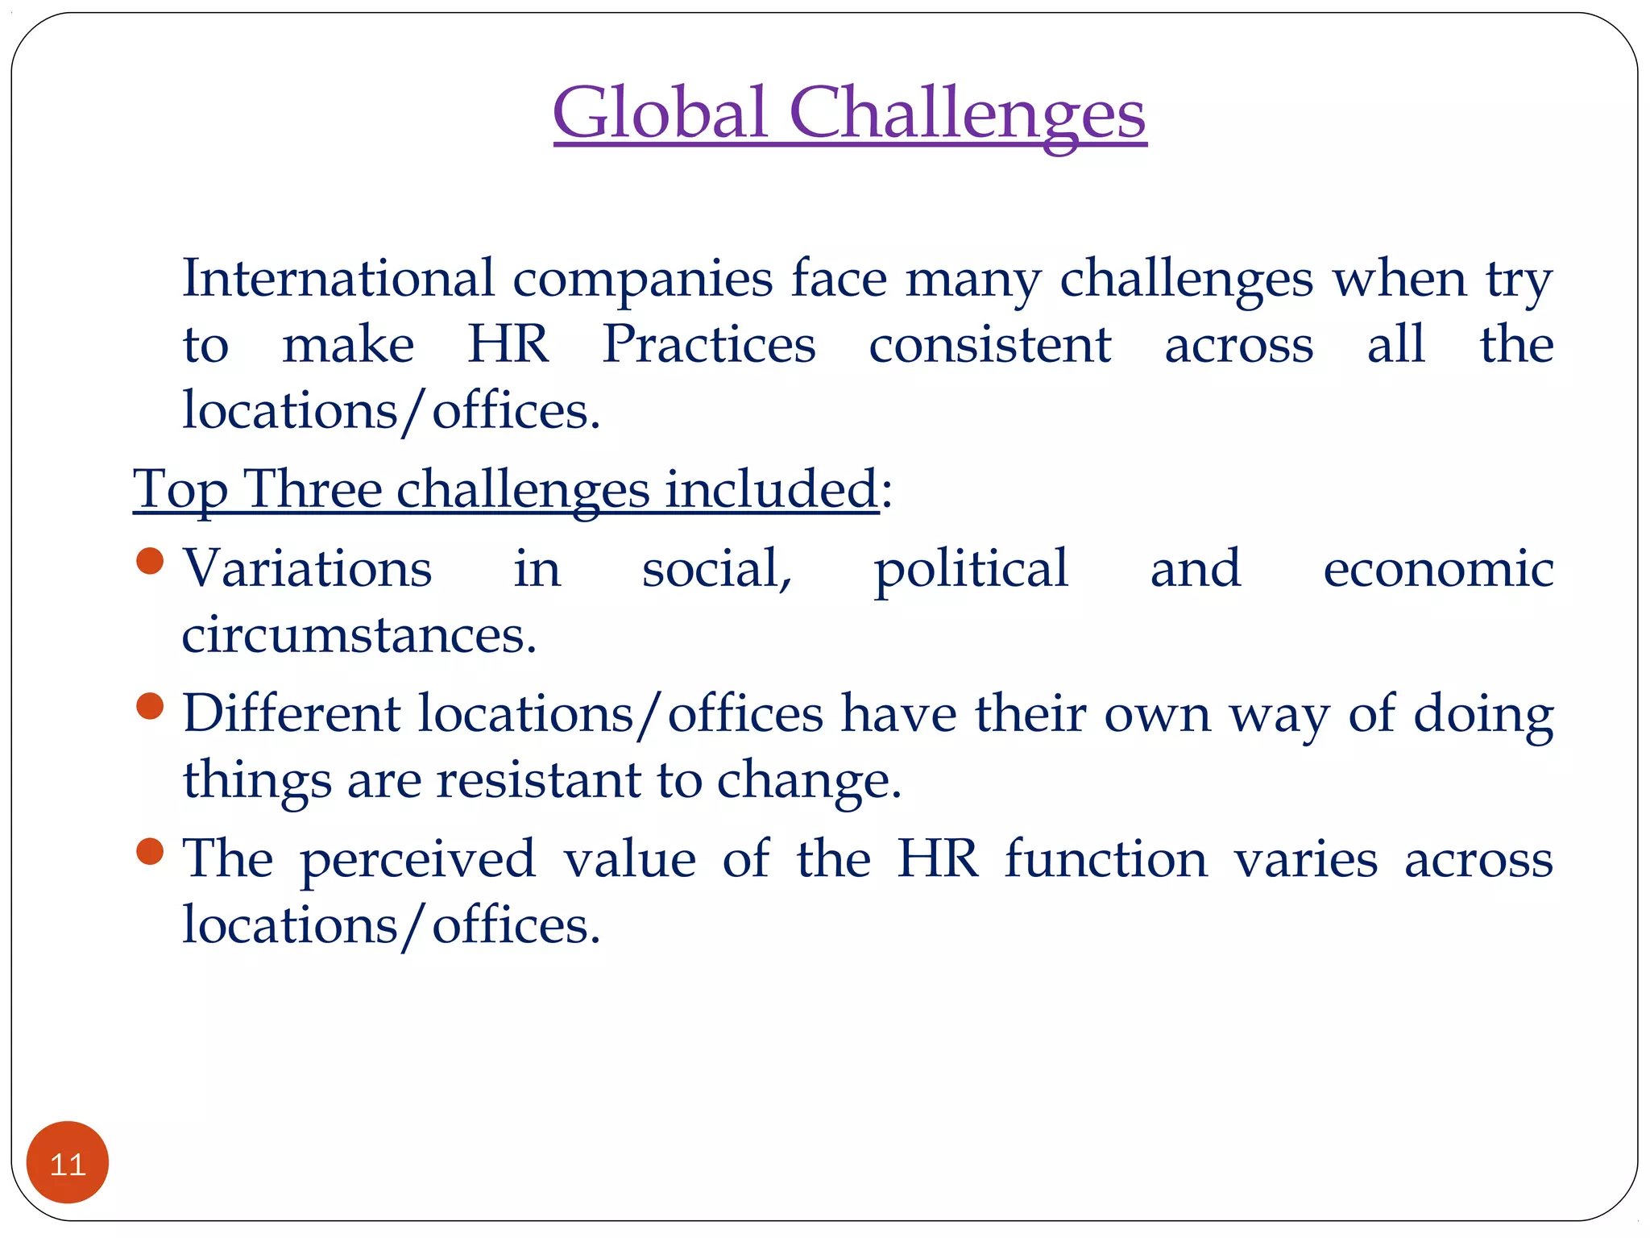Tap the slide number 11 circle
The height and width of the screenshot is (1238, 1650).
(68, 1162)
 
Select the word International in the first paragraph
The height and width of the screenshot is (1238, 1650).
(338, 278)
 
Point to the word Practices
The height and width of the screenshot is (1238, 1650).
(709, 344)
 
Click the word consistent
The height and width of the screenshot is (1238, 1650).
(990, 344)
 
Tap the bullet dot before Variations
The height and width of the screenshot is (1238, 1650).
(151, 561)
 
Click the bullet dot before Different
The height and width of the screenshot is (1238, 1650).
(151, 706)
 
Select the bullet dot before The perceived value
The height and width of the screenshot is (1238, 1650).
(151, 851)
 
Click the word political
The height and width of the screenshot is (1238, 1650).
(971, 569)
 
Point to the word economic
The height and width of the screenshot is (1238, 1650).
(1438, 569)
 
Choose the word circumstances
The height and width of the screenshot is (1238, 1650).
(359, 635)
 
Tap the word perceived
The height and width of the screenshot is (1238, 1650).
(417, 859)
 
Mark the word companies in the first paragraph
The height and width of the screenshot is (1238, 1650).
(642, 280)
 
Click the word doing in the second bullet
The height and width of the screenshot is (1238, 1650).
(1483, 714)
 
